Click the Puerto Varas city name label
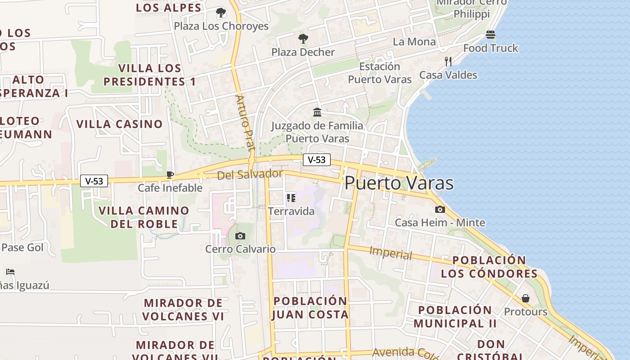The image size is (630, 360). pyautogui.click(x=399, y=183)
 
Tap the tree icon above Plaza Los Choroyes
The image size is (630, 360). pyautogui.click(x=220, y=13)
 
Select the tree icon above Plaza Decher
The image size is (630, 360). pyautogui.click(x=303, y=39)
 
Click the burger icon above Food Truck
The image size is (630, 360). pyautogui.click(x=490, y=35)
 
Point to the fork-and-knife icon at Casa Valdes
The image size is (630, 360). pyautogui.click(x=448, y=62)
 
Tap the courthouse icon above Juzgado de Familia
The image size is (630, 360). pyautogui.click(x=317, y=112)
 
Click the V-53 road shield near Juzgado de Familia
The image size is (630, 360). pyautogui.click(x=317, y=160)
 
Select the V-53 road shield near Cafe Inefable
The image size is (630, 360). pyautogui.click(x=94, y=181)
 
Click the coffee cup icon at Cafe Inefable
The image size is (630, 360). pyautogui.click(x=170, y=175)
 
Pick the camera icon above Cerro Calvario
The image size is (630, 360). pyautogui.click(x=240, y=236)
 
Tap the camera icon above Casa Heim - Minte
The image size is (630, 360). pyautogui.click(x=440, y=209)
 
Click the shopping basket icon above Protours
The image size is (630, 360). pyautogui.click(x=525, y=298)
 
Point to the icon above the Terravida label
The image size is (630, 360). pyautogui.click(x=291, y=198)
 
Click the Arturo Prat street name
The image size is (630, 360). pyautogui.click(x=245, y=122)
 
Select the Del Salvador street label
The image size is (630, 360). pyautogui.click(x=250, y=174)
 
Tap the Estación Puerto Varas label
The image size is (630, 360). pyautogui.click(x=380, y=73)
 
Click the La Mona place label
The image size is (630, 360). pyautogui.click(x=414, y=42)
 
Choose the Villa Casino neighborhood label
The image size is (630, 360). pyautogui.click(x=120, y=124)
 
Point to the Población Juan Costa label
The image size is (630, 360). pyautogui.click(x=310, y=308)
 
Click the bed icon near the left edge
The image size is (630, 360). pyautogui.click(x=10, y=272)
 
